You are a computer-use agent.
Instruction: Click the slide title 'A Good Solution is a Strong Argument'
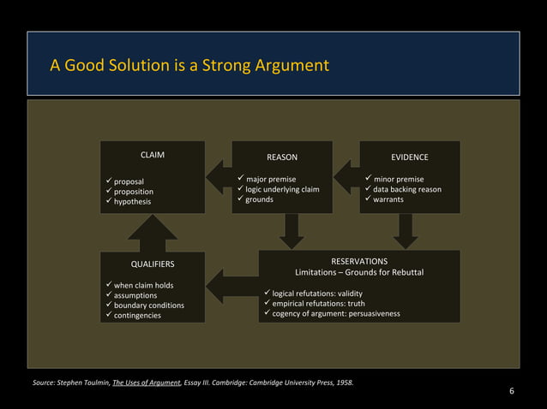189,65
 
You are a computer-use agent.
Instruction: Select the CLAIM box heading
153,155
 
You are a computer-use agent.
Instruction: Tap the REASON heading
282,157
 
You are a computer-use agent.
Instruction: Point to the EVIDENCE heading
409,157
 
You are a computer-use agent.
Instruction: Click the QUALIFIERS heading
153,264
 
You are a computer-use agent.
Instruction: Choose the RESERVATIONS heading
359,261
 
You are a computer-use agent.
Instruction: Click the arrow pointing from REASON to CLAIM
219,177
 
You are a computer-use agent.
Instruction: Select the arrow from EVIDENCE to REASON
346,177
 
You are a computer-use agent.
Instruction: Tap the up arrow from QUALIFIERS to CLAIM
153,233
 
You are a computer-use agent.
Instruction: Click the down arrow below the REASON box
293,231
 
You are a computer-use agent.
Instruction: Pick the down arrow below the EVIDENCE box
406,231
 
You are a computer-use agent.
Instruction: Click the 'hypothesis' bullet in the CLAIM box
132,202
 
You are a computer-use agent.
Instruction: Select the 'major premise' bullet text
271,179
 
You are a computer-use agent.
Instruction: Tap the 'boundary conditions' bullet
148,305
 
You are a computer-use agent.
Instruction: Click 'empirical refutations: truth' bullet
318,303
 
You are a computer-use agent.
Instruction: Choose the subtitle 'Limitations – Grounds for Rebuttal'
359,272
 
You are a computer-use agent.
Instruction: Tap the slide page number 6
512,392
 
